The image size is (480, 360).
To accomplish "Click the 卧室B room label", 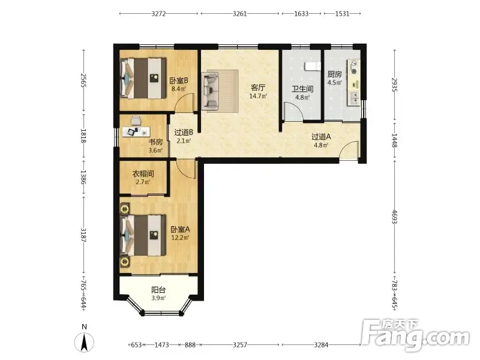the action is click(x=179, y=81).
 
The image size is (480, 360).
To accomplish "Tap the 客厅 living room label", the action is click(x=258, y=88).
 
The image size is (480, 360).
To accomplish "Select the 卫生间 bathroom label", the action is click(x=302, y=89).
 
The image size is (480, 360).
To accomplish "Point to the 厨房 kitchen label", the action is click(x=335, y=74).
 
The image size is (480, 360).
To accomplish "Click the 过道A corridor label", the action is click(x=321, y=137).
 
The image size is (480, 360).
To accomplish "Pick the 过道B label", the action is click(x=184, y=133).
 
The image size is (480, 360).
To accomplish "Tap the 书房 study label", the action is click(x=155, y=142).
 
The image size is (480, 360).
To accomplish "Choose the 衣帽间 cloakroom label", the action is click(x=143, y=174).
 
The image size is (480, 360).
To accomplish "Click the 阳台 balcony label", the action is click(x=158, y=290).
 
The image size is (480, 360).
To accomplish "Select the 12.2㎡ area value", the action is click(x=180, y=238).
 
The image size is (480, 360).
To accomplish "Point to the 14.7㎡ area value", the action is click(x=258, y=96).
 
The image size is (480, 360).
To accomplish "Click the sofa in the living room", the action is click(x=211, y=91).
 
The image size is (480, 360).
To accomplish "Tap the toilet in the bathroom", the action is click(x=313, y=66).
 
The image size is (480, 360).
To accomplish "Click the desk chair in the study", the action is click(x=136, y=121).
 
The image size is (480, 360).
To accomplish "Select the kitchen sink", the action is click(x=354, y=98).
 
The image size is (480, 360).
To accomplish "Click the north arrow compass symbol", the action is click(x=84, y=342).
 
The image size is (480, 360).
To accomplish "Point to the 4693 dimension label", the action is click(x=395, y=217).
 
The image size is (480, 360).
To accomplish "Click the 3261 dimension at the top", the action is click(x=239, y=13).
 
